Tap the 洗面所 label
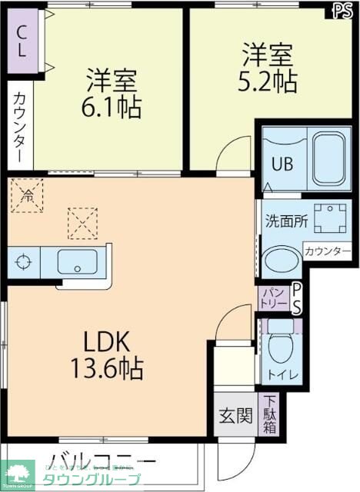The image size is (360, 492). click(287, 221)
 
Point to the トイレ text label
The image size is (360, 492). click(279, 376)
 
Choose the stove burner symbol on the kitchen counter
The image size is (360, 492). click(24, 262)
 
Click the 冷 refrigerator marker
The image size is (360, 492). click(25, 194)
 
